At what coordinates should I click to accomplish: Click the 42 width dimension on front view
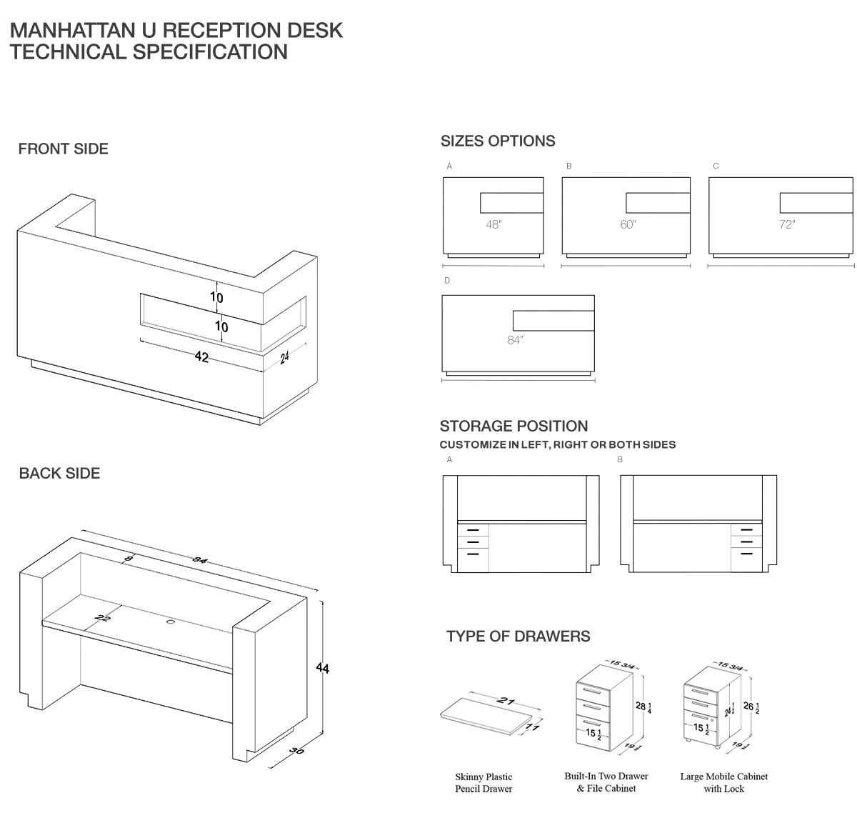point(201,356)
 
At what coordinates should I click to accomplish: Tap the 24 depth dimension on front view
point(284,357)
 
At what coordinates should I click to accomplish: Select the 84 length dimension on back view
point(199,560)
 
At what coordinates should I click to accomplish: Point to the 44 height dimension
point(323,668)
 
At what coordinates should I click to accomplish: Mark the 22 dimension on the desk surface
point(103,618)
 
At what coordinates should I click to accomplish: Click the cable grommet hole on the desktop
point(171,622)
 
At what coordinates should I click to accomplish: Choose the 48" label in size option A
point(493,224)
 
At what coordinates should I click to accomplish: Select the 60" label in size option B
point(628,224)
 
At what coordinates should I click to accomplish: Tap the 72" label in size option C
point(786,224)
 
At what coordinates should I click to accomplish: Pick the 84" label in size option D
point(515,340)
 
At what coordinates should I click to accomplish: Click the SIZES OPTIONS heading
point(498,141)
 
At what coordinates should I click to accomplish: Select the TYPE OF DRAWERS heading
point(518,636)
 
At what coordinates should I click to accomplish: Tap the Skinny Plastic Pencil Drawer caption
point(483,783)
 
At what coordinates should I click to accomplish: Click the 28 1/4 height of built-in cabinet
point(643,707)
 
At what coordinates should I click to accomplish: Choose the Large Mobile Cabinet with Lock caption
point(723,782)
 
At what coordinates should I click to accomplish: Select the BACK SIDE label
point(59,473)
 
